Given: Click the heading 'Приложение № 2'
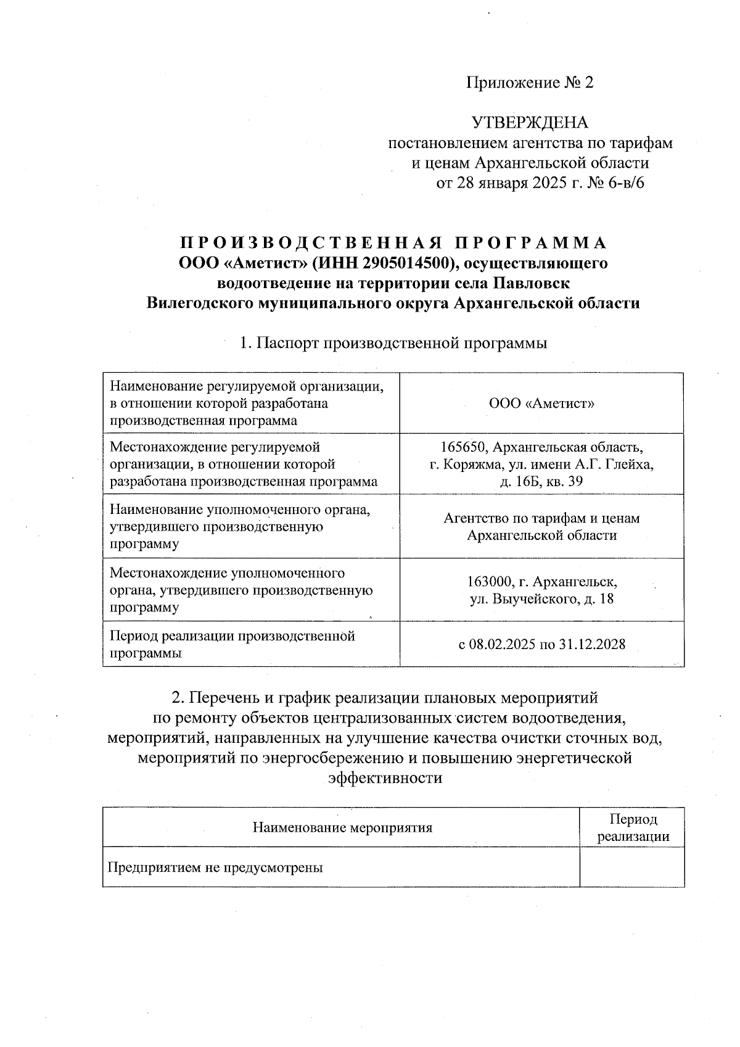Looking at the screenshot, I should point(529,83).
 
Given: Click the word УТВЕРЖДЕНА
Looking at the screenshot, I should point(530,122).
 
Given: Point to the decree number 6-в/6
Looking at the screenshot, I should point(625,183).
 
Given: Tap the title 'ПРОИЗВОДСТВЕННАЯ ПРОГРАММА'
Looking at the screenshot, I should point(393,242).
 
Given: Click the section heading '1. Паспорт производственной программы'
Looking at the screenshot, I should point(393,343).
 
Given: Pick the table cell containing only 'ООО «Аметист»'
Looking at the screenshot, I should point(541,403).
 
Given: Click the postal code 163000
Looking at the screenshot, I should point(489,582).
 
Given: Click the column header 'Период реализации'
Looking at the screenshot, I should point(633,827).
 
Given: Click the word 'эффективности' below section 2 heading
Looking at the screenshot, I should point(385,778).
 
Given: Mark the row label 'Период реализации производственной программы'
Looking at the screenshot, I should point(232,644).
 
